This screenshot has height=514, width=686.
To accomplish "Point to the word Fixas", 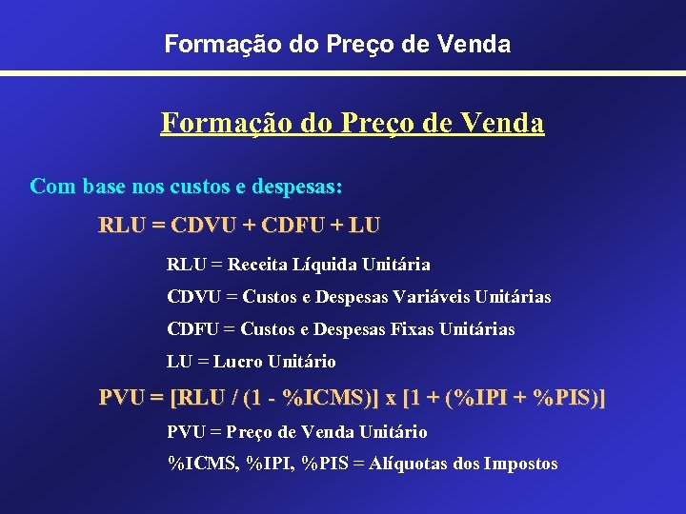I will pos(409,328).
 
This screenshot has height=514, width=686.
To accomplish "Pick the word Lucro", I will pos(239,361).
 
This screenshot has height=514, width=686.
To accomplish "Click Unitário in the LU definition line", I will pos(302,361).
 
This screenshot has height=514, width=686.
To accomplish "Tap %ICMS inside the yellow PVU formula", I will pos(318,397).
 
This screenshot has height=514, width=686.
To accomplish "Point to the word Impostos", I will pos(521,464).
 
